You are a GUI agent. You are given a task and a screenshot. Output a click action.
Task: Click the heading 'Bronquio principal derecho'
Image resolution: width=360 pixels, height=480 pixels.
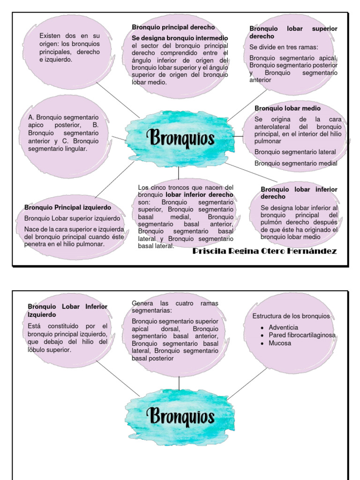(x=173, y=27)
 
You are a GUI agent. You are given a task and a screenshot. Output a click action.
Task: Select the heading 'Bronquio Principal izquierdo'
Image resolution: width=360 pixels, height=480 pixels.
(x=68, y=207)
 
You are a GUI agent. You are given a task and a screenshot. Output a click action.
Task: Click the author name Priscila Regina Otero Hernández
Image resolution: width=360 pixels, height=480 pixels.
(x=265, y=251)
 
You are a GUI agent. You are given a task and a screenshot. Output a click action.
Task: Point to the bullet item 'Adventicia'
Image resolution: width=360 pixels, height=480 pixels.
(x=283, y=327)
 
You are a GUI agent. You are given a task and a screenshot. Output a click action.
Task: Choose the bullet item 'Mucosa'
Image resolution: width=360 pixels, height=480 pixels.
(x=279, y=343)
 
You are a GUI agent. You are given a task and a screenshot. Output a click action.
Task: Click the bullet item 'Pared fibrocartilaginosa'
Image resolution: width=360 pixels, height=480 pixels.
(x=302, y=335)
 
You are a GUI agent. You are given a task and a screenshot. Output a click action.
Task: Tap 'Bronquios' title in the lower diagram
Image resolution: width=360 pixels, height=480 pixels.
(x=180, y=416)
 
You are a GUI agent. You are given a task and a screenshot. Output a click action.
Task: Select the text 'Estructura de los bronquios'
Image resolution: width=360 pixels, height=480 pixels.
(x=291, y=316)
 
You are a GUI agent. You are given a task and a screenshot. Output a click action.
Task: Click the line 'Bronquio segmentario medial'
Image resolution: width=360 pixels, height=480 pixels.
(x=296, y=163)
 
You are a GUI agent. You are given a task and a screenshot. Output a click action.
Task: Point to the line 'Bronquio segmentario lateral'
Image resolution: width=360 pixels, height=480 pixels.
(x=295, y=152)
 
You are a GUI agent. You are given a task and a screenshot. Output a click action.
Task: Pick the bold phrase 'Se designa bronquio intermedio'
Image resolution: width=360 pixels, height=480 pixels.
(x=180, y=37)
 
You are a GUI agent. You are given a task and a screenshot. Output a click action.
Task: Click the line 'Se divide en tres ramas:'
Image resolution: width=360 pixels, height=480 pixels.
(x=284, y=47)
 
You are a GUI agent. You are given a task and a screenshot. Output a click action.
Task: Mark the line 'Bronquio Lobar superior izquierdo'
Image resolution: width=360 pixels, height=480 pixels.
(x=72, y=218)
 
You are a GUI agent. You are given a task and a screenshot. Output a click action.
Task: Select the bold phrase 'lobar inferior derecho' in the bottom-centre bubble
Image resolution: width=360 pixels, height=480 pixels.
(x=199, y=195)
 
